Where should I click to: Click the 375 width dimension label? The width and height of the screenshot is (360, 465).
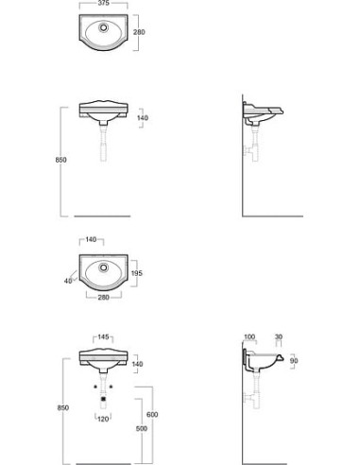(104, 3)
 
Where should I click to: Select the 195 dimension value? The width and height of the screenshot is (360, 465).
(137, 273)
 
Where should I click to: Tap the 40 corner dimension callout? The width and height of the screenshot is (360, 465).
(68, 281)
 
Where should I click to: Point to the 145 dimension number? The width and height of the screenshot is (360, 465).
(103, 337)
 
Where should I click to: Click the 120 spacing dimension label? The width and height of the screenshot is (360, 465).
(103, 419)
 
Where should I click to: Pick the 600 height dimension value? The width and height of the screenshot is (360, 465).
(152, 415)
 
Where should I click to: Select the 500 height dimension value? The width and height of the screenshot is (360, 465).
(142, 428)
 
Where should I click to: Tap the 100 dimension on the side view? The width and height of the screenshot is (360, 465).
(249, 336)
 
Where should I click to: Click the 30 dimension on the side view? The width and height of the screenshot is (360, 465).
(279, 336)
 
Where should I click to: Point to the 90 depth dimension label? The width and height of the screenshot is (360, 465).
(294, 360)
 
